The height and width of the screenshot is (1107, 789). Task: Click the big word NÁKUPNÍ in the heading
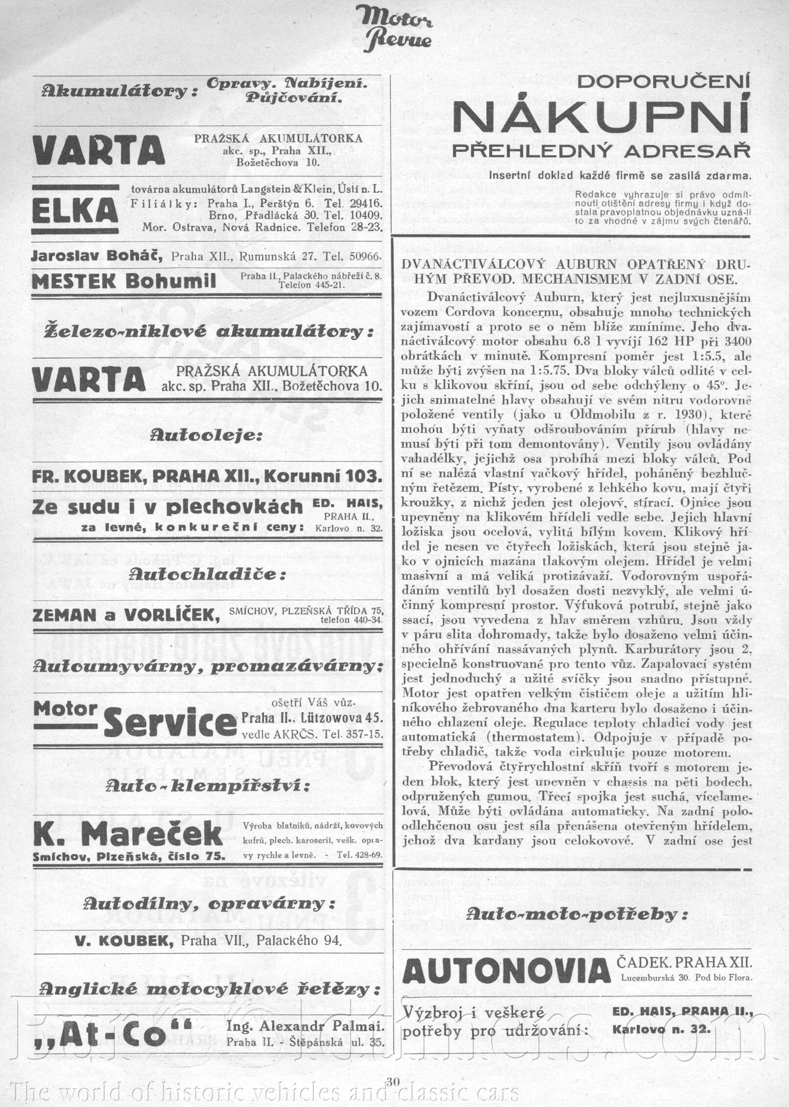point(601,116)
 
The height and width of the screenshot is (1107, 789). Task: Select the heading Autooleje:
point(206,435)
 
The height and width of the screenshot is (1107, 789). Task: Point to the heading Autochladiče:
point(206,575)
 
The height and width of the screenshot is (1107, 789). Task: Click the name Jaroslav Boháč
point(96,256)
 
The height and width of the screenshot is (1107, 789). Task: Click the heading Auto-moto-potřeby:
point(576,913)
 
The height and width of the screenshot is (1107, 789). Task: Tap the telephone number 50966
point(363,256)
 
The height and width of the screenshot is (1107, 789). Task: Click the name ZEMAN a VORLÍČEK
point(126,615)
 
